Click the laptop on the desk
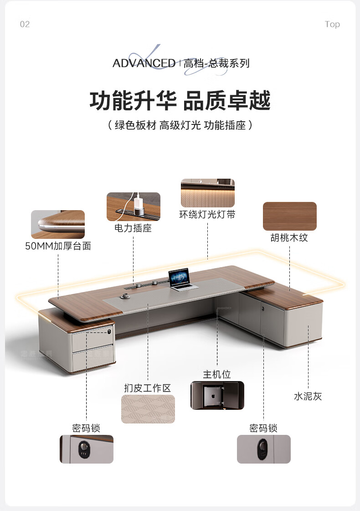pyautogui.click(x=181, y=279)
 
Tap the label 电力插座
pyautogui.click(x=133, y=228)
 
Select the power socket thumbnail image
pyautogui.click(x=134, y=206)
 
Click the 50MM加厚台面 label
pyautogui.click(x=58, y=246)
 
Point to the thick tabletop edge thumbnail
pyautogui.click(x=58, y=224)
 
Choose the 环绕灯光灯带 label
pyautogui.click(x=207, y=214)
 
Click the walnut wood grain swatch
pyautogui.click(x=289, y=216)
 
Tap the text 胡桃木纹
pyautogui.click(x=289, y=238)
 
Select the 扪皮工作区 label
pyautogui.click(x=148, y=388)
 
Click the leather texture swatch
pyautogui.click(x=148, y=409)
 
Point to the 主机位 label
pyautogui.click(x=217, y=375)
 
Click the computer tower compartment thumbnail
pyautogui.click(x=217, y=395)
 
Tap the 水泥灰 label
pyautogui.click(x=308, y=396)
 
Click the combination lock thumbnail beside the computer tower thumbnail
pyautogui.click(x=263, y=449)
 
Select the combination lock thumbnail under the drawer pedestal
pyautogui.click(x=86, y=449)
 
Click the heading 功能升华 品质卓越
pyautogui.click(x=180, y=100)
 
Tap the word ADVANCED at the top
pyautogui.click(x=144, y=63)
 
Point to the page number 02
pyautogui.click(x=25, y=24)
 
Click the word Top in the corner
pyautogui.click(x=332, y=24)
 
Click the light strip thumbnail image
pyautogui.click(x=207, y=193)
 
